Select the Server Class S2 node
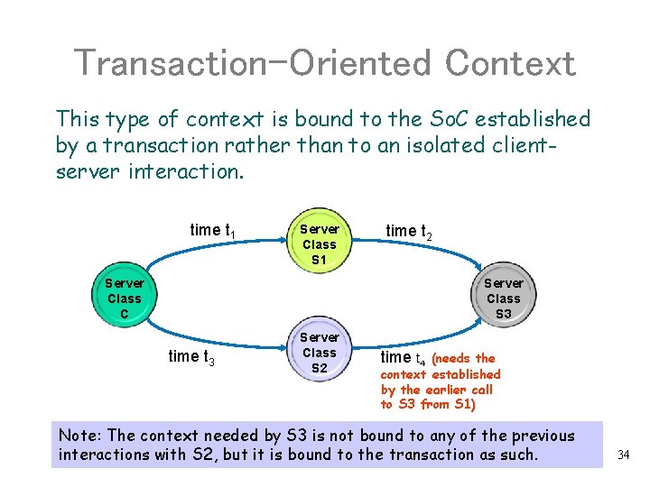(319, 353)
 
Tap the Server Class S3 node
(503, 298)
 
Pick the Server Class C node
(125, 298)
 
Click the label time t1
(213, 230)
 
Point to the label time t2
(408, 232)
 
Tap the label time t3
(191, 356)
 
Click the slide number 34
(623, 455)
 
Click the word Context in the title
(510, 63)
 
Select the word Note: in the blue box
(82, 436)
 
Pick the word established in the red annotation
(466, 374)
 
